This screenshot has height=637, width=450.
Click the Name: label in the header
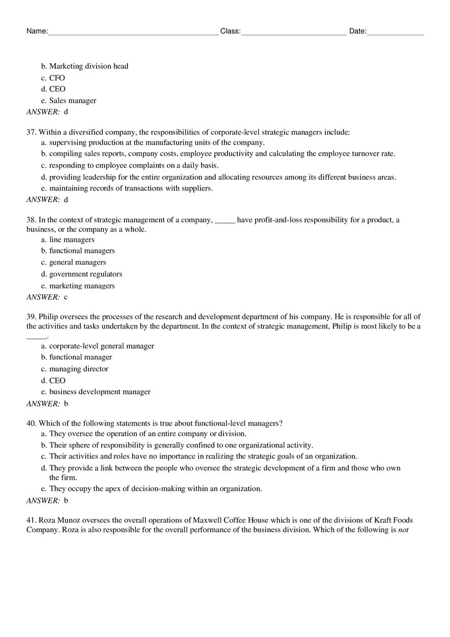tap(37, 31)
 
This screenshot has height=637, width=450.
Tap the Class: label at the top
tap(230, 31)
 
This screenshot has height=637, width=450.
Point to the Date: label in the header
tap(357, 31)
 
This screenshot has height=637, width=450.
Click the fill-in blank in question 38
tap(224, 221)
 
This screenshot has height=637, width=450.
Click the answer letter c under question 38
tap(65, 297)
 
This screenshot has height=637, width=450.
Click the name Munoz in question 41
tap(69, 521)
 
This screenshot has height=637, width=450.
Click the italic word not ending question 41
tap(403, 530)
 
